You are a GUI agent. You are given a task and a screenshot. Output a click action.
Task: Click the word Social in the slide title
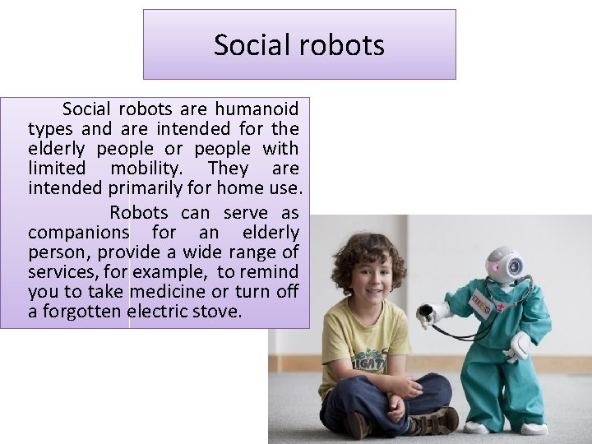coord(250,44)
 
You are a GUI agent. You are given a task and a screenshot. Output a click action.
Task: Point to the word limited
coord(57,168)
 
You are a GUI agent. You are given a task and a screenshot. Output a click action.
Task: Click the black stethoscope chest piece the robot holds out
coord(425,312)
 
